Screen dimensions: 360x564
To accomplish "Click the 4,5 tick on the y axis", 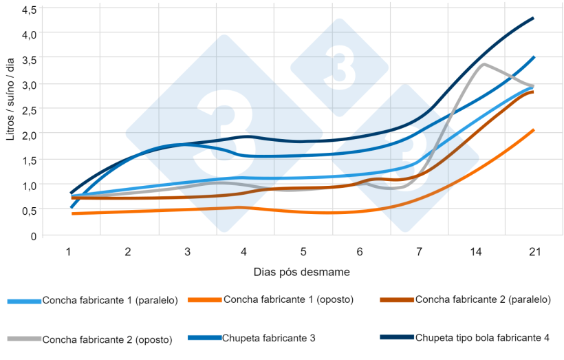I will pos(30,10).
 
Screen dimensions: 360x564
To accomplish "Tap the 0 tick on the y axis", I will pos(33,236).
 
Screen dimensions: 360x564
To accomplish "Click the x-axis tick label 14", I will pos(475,252).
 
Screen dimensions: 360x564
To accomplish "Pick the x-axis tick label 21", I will pos(534,252).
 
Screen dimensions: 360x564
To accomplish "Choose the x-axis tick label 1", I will pos(69,252).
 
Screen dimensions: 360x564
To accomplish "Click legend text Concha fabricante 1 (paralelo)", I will pos(110,300).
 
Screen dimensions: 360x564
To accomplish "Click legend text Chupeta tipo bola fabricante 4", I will pos(482,337).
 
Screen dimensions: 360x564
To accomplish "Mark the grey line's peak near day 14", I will pos(484,64).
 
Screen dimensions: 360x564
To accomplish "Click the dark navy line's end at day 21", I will pos(534,18).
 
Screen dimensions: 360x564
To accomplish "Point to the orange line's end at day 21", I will pos(534,129).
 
